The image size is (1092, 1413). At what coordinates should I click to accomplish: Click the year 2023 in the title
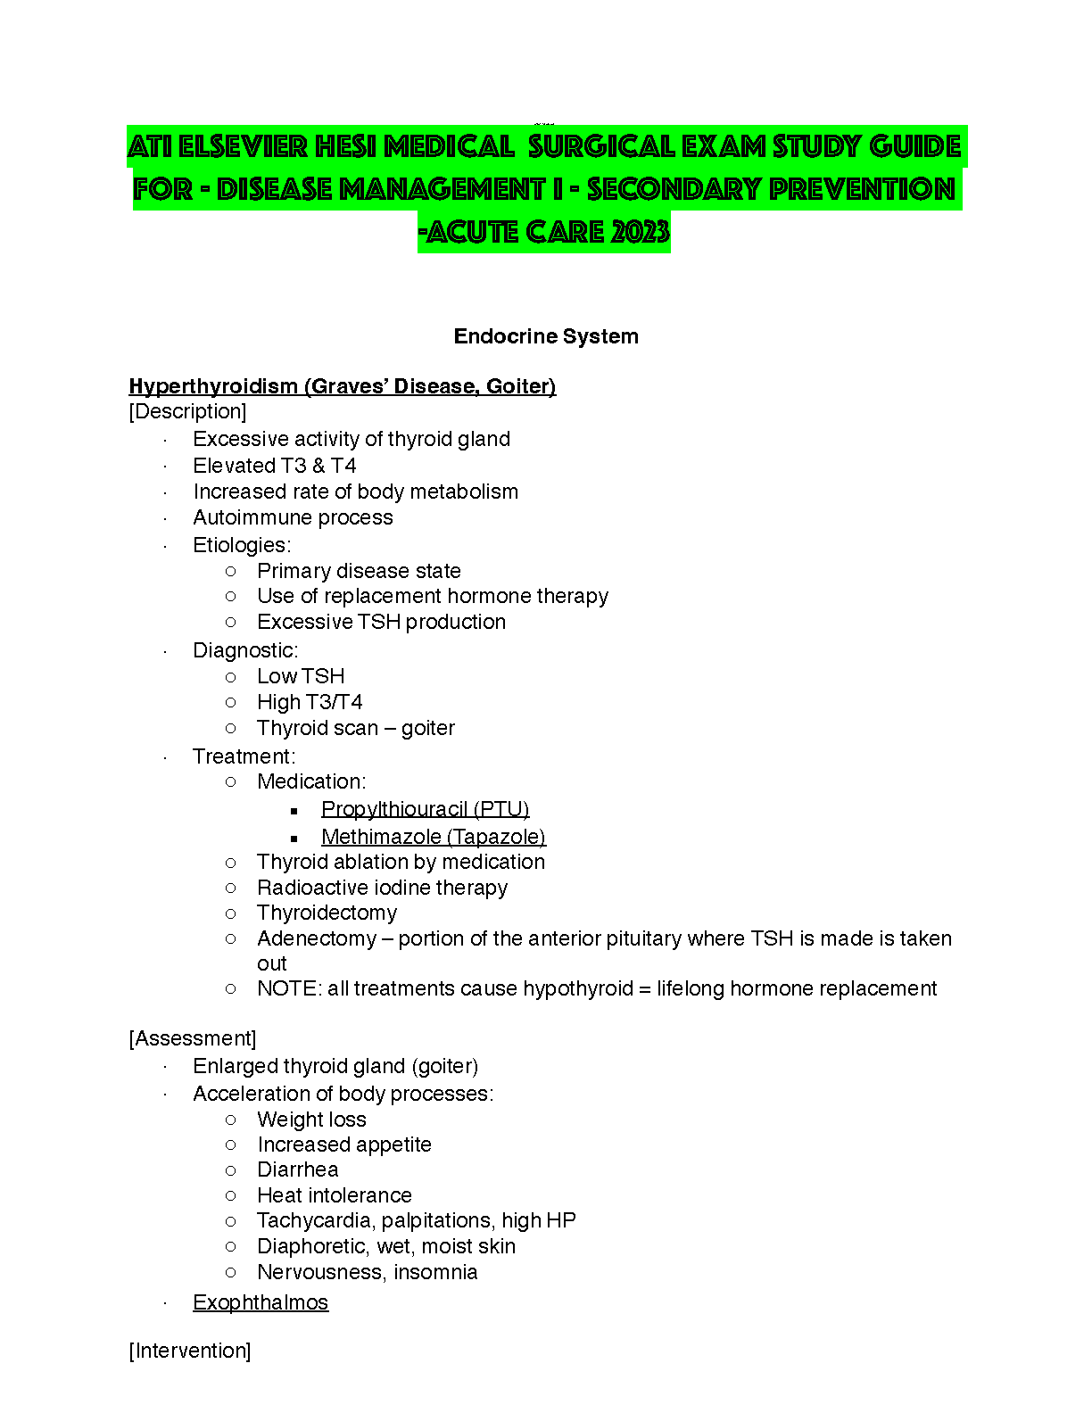(x=640, y=232)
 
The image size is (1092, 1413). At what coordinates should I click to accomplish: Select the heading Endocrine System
(x=546, y=336)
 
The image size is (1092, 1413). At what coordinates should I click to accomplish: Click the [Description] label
(x=187, y=411)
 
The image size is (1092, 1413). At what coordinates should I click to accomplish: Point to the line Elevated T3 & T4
(x=275, y=466)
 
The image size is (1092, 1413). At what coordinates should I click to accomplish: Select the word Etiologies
(x=240, y=545)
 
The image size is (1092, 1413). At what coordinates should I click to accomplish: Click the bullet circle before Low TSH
(x=231, y=677)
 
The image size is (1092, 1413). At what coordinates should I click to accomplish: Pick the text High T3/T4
(x=310, y=702)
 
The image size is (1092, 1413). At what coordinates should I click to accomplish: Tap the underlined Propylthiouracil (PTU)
(x=425, y=809)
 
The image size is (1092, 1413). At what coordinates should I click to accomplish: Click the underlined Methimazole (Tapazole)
(x=433, y=837)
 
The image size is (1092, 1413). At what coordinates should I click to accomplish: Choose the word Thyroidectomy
(x=327, y=913)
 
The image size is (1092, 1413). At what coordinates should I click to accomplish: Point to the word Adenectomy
(x=317, y=938)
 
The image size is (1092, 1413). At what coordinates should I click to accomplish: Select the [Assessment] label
(x=193, y=1038)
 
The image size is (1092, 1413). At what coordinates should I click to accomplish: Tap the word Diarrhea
(x=297, y=1169)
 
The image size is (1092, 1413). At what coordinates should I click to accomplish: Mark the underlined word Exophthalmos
(x=261, y=1302)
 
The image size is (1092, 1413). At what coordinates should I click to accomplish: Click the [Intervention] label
(x=190, y=1351)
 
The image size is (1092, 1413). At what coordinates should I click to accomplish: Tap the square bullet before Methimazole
(x=294, y=839)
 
